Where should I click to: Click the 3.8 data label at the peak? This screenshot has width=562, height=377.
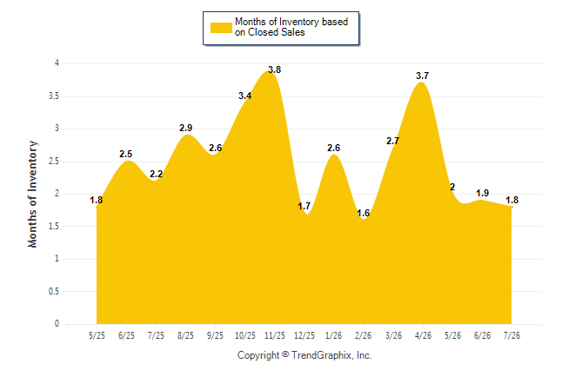[275, 69]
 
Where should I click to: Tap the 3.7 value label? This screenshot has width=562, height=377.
[422, 76]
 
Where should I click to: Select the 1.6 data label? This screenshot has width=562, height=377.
[364, 214]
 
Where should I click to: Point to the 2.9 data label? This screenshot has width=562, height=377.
[185, 128]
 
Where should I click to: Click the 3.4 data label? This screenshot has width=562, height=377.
[245, 96]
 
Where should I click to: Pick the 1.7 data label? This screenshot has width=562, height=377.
[304, 206]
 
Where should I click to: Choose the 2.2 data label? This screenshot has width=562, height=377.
[157, 174]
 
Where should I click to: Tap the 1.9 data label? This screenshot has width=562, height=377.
[483, 194]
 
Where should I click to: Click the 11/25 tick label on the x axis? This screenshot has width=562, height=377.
[275, 335]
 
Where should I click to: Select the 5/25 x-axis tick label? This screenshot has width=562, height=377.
[97, 335]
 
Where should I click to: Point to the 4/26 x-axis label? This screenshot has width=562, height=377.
[423, 335]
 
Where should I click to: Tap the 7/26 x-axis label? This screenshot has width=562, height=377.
[512, 335]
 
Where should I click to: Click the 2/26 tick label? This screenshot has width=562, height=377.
[364, 335]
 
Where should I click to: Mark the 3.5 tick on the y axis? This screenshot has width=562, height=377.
[54, 96]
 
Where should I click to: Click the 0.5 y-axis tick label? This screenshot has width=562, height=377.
[54, 291]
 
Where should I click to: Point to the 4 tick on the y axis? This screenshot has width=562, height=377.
[57, 63]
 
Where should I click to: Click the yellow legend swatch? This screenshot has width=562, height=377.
[221, 28]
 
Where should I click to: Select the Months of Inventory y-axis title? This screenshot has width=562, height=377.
[32, 194]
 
